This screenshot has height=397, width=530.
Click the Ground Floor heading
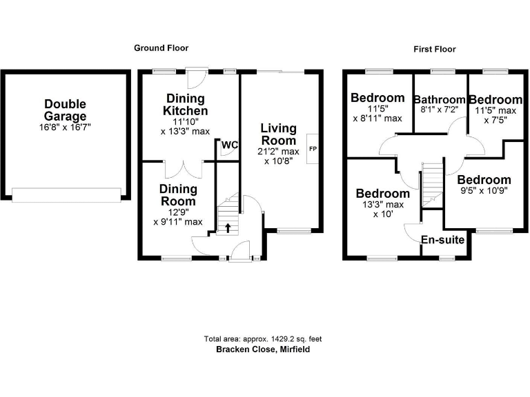coord(161,48)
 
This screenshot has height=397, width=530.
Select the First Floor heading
coord(435,49)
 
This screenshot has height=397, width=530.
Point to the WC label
coord(229,145)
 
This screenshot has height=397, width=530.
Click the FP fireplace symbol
coord(312,149)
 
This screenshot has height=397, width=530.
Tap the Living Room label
coord(279,134)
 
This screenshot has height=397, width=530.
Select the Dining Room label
coord(178,195)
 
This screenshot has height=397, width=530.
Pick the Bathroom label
coord(439,100)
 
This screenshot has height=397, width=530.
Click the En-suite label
coord(442,240)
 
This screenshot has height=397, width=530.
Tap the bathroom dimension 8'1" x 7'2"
coord(439,110)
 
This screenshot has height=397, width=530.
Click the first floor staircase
coord(431,183)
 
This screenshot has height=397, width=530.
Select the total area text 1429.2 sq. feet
coord(263,339)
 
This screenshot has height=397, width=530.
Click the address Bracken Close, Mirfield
coord(263,349)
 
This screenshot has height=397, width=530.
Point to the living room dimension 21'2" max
coord(279,152)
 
